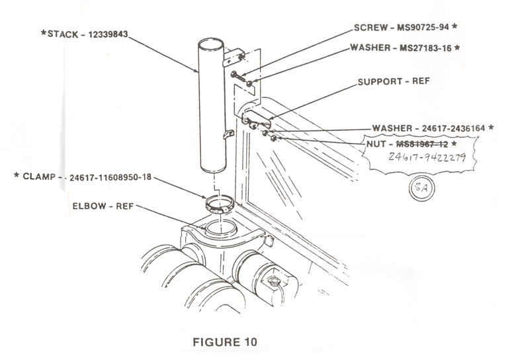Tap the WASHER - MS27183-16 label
coord(406,48)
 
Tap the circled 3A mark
coord(420,186)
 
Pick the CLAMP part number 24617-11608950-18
coord(112,177)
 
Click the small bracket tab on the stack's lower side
coord(229,134)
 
